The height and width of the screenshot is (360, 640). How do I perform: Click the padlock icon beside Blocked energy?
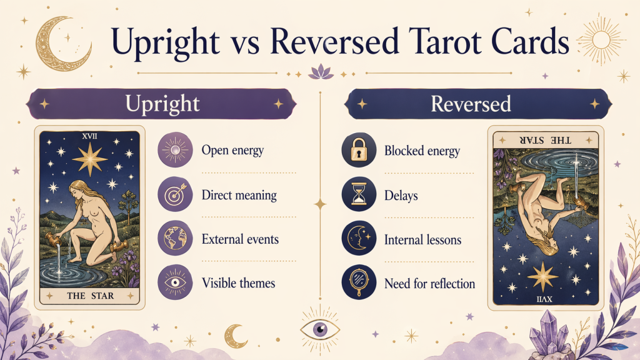359,151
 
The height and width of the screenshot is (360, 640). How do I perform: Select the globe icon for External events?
175,239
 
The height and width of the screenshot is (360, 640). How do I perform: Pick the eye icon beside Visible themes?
175,283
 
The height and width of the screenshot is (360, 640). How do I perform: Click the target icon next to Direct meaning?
175,194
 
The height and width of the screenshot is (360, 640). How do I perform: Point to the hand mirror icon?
359,284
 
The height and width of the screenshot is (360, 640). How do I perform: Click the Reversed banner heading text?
471,104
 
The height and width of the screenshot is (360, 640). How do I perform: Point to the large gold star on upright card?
89,159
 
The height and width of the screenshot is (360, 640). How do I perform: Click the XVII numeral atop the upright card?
89,136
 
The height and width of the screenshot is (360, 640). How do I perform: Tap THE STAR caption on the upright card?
89,295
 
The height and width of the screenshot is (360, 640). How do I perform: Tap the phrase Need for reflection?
429,284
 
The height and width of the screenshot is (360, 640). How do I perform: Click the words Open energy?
232,151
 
